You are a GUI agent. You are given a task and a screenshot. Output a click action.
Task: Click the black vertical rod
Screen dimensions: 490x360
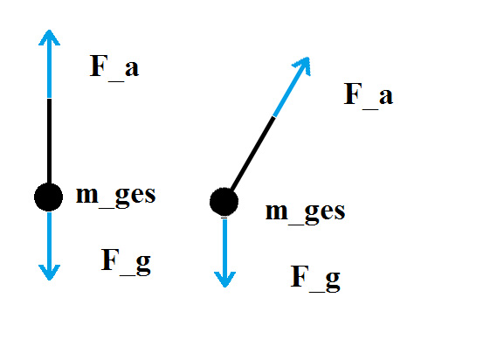coord(50,142)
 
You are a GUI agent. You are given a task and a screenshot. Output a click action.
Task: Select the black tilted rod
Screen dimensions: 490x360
coord(252,154)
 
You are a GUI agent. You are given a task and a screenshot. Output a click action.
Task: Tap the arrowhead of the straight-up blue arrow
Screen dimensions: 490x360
coord(49,38)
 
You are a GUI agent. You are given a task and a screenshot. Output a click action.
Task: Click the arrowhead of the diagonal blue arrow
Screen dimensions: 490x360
coord(302,66)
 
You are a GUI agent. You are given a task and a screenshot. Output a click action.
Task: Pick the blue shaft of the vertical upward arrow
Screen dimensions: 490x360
coord(50,65)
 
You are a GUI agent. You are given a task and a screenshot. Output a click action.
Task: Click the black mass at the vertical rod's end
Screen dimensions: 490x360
coord(48,197)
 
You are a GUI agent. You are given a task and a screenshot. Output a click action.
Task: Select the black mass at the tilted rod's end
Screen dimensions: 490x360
coord(224,202)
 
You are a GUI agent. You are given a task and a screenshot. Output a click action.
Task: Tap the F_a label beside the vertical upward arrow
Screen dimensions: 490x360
coord(114,66)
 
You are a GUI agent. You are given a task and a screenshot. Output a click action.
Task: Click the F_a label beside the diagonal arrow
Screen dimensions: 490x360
coord(369,94)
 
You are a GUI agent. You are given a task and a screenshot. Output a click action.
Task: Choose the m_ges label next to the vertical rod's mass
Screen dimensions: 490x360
coord(116,195)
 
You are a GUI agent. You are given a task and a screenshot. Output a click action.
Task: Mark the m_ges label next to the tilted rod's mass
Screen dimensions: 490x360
coord(306,211)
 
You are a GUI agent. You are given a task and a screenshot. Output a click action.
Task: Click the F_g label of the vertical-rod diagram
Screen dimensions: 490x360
coord(126,261)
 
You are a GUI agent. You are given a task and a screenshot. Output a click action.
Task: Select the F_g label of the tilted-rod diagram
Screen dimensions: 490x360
coord(315,278)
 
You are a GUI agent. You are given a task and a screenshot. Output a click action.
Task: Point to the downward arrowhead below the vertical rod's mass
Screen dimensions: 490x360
coord(49,273)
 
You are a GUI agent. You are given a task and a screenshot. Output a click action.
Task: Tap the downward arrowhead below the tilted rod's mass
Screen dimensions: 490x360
coord(224,279)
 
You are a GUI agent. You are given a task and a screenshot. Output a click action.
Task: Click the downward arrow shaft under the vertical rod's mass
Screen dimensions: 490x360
coord(50,245)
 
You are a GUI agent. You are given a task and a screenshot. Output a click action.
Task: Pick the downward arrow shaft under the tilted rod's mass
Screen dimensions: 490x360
coord(224,252)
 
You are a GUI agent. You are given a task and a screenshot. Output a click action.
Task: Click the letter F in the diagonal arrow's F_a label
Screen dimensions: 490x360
coord(353,93)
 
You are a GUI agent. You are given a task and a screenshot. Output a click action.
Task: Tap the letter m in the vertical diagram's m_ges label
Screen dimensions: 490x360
coord(87,195)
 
